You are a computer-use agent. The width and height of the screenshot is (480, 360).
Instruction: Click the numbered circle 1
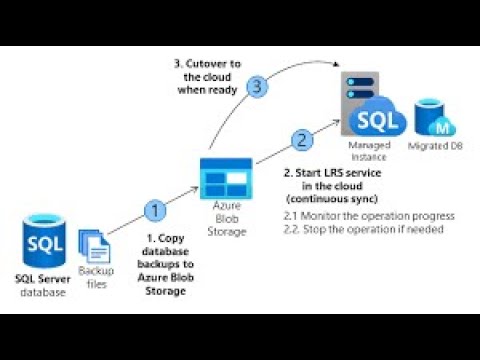154,210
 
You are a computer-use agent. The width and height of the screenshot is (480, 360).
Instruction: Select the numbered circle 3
258,87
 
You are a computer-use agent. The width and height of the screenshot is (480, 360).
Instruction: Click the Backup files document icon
95,245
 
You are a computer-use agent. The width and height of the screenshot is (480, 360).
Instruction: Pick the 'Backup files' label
96,278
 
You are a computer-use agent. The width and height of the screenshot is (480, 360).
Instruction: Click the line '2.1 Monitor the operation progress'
369,216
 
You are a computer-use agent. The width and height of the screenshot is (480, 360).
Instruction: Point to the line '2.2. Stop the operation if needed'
366,229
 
